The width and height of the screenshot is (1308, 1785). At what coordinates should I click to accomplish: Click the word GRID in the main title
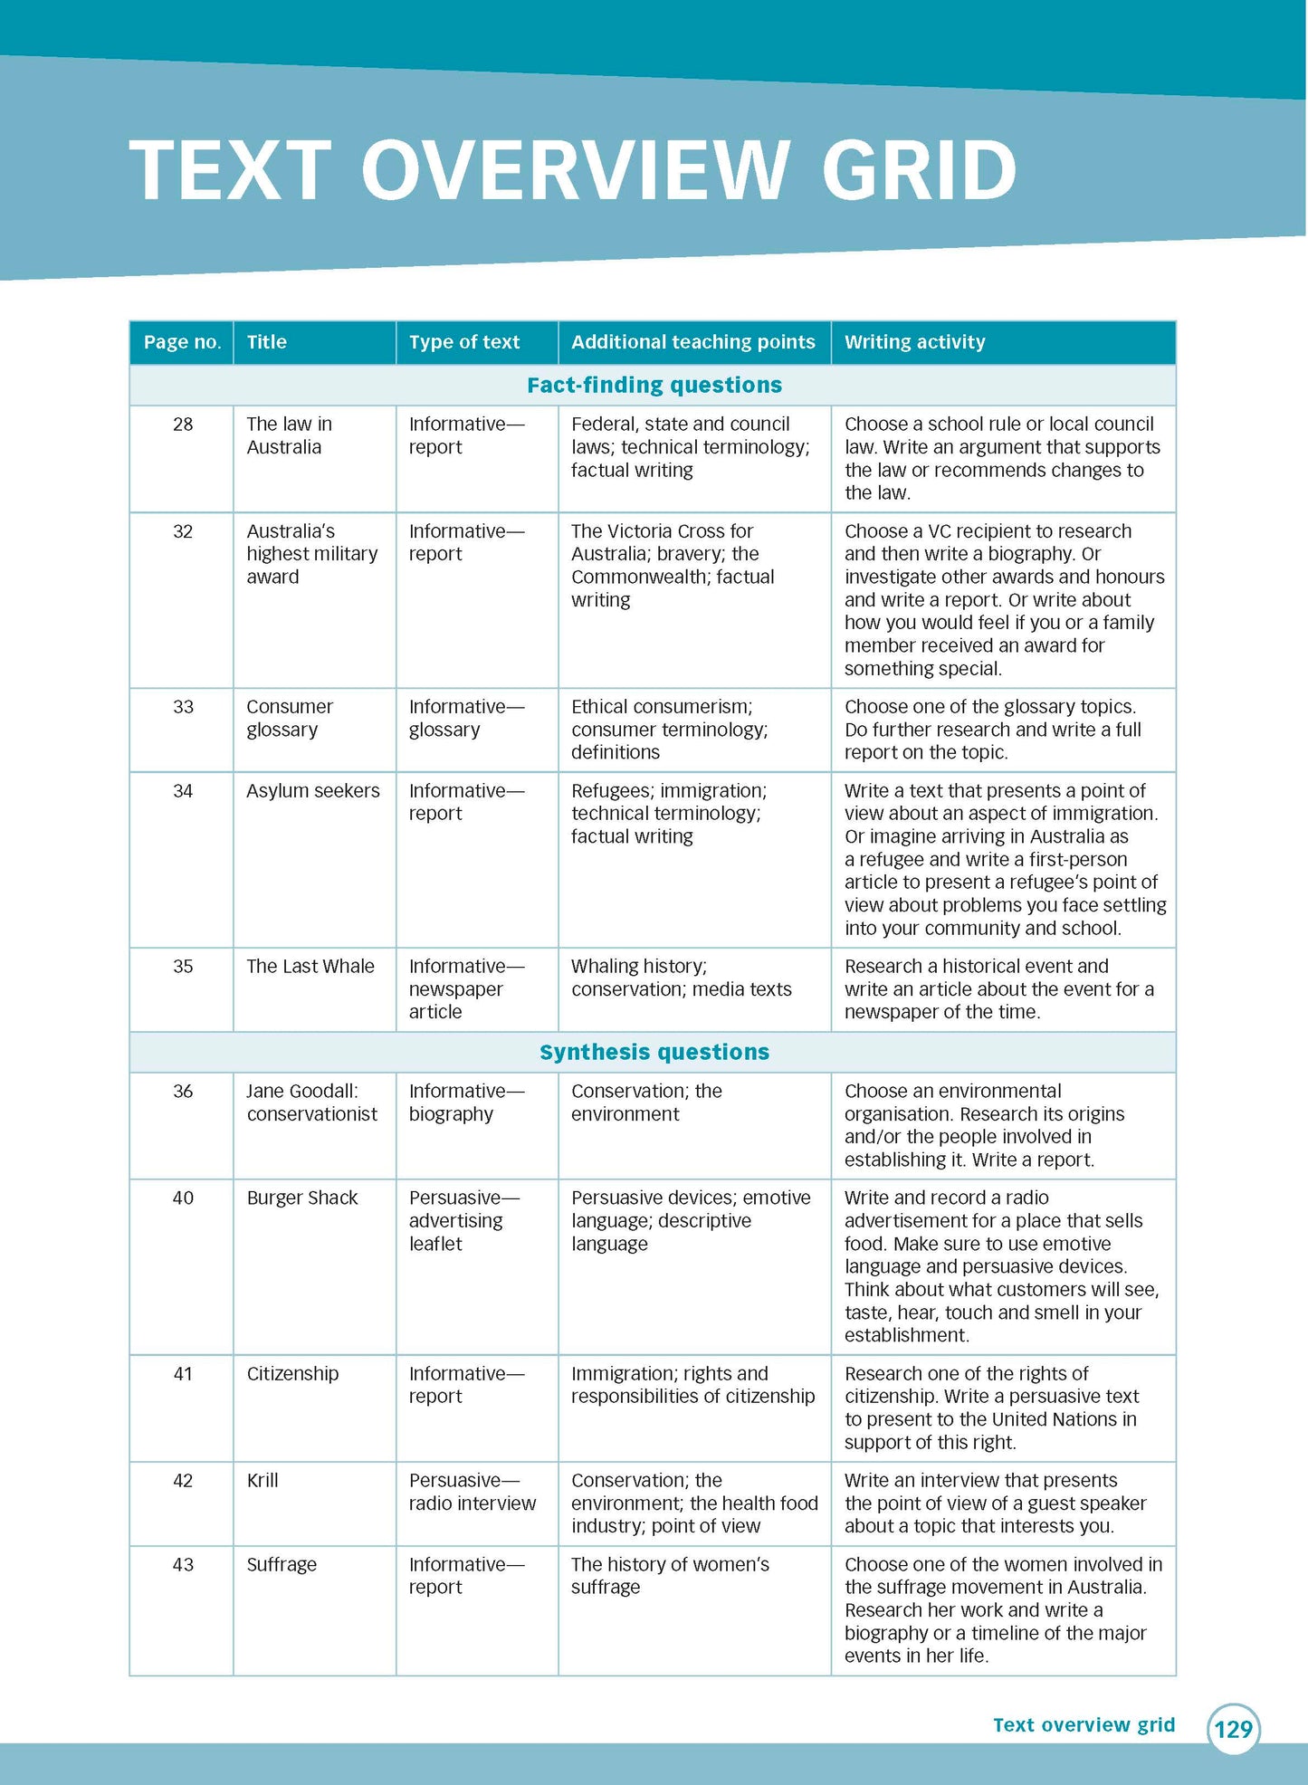(919, 170)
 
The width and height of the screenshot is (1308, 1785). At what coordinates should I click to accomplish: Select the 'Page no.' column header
(182, 342)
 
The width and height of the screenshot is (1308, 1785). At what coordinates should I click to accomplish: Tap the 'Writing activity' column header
(914, 342)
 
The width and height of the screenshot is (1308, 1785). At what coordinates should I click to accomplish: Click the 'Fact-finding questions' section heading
(654, 386)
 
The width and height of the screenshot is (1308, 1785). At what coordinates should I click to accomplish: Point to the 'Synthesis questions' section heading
(654, 1052)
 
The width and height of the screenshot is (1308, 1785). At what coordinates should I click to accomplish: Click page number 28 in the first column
(183, 425)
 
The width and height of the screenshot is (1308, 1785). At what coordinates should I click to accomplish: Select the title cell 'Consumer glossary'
(290, 718)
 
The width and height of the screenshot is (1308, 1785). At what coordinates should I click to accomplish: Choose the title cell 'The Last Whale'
(310, 967)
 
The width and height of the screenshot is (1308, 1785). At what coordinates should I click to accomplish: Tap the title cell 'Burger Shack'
(302, 1198)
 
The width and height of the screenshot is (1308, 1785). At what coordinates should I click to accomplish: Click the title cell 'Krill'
(263, 1481)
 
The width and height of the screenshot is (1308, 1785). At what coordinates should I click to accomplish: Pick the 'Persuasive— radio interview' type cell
(471, 1492)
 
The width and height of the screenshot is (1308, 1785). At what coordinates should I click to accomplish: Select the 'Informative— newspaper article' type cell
(465, 989)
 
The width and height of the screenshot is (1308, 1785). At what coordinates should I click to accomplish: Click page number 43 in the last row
(183, 1565)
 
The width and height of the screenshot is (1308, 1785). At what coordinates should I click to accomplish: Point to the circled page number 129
(1233, 1729)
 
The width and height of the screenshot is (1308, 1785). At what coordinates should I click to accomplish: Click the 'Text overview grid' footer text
(1084, 1725)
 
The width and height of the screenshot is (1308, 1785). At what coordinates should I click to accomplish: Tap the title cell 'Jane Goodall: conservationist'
(311, 1102)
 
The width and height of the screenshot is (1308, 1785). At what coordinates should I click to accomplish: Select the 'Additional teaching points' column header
(692, 342)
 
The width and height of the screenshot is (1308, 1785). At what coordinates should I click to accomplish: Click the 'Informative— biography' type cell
(465, 1102)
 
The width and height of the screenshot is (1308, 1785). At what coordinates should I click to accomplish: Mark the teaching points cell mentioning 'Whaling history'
(681, 978)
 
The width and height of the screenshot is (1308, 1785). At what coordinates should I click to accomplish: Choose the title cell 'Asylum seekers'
(312, 791)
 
